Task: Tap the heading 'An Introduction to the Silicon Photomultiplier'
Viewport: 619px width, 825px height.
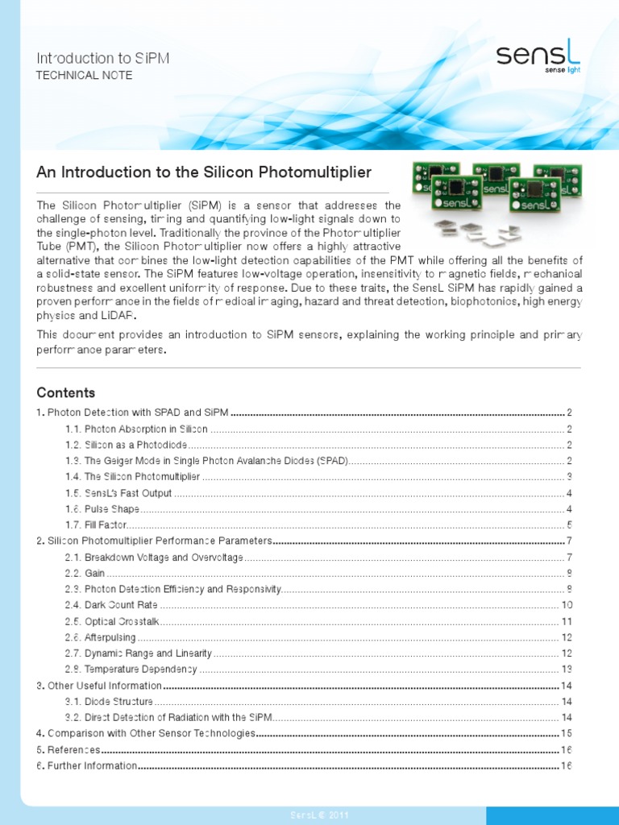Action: click(x=204, y=172)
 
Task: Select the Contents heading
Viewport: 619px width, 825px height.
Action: click(x=66, y=393)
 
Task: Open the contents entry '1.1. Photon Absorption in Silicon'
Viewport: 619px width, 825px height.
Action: click(x=136, y=429)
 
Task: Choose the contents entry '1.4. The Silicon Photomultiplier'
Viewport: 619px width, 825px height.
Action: click(x=132, y=477)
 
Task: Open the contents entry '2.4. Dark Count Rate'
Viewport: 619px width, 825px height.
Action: click(x=110, y=605)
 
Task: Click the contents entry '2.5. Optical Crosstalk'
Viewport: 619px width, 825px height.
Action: click(x=113, y=621)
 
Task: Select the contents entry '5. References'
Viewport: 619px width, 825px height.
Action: click(x=69, y=749)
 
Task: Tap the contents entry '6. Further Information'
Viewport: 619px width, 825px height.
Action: click(x=87, y=765)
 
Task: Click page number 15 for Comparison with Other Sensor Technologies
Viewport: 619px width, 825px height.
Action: click(x=566, y=733)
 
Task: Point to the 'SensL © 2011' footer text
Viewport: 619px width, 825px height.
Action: click(x=320, y=815)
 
